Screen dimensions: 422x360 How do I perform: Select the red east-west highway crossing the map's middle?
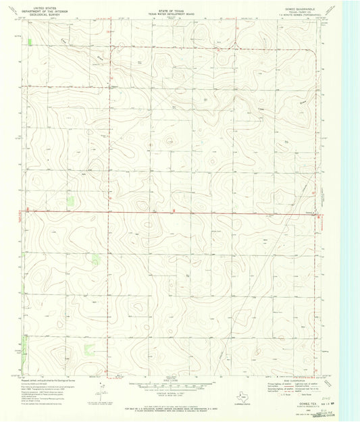click(169, 211)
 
